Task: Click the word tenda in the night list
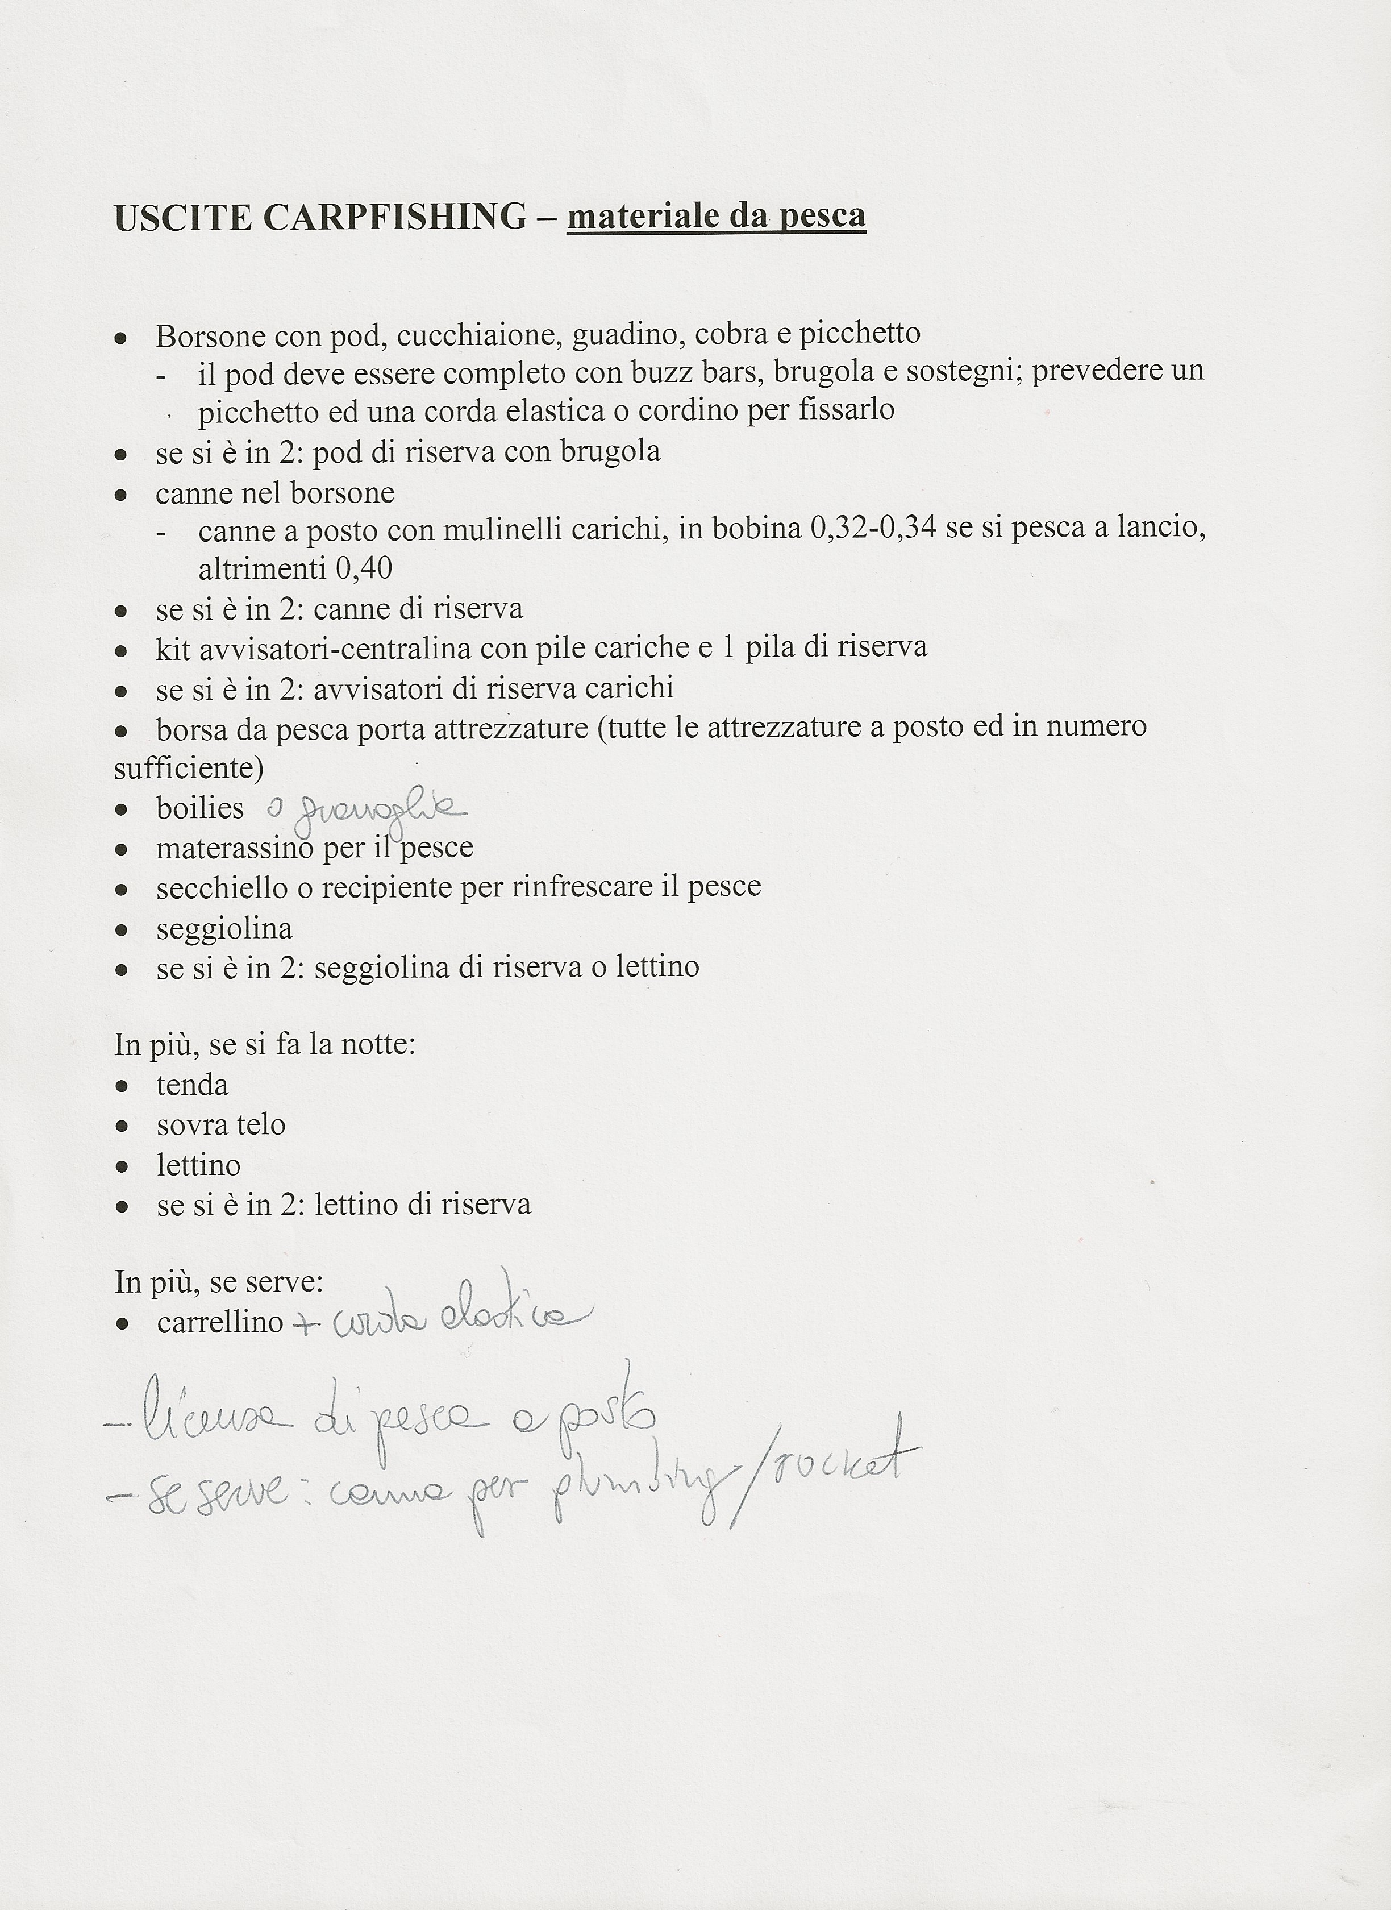point(192,1085)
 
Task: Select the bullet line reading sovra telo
point(220,1125)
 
